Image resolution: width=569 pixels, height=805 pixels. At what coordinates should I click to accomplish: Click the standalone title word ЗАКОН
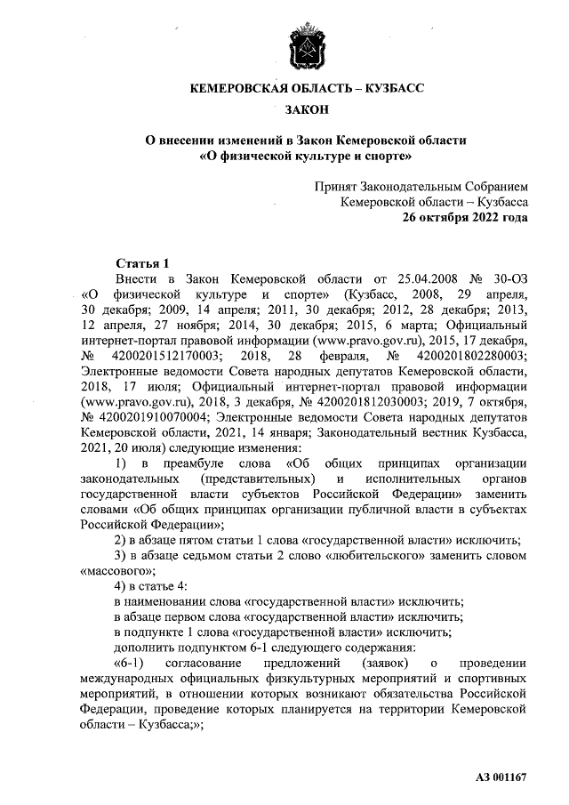point(306,109)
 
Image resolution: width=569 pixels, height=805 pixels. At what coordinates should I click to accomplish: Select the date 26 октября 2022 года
point(464,217)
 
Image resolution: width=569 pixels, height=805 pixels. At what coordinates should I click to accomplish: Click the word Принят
point(336,187)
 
